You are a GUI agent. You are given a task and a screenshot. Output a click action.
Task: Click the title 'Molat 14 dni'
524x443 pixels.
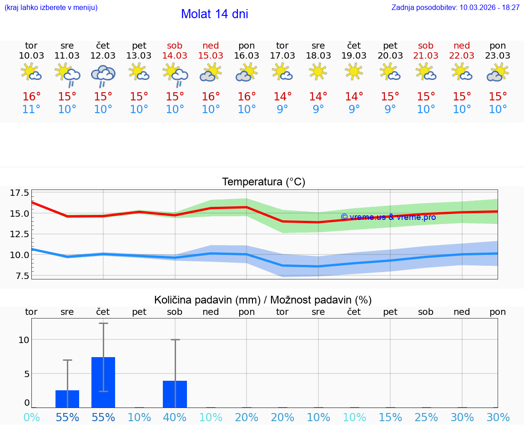pos(214,14)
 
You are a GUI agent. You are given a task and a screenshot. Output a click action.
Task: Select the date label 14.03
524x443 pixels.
pos(175,56)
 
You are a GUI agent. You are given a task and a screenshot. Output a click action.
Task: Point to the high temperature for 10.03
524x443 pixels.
pos(31,97)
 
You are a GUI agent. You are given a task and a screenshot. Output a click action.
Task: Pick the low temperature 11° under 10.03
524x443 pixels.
pos(31,110)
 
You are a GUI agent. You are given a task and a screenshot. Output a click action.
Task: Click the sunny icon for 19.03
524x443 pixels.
pos(354,72)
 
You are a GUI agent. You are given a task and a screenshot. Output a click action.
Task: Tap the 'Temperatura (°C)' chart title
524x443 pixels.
pos(263,182)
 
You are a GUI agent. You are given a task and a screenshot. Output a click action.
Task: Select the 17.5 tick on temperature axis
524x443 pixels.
pos(20,193)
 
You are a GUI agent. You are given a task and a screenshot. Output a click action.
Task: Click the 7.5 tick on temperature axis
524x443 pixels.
pos(20,276)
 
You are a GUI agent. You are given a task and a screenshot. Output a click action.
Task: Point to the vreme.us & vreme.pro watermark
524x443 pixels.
pos(388,217)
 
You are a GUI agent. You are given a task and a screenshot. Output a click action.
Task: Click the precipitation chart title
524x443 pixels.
pos(263,300)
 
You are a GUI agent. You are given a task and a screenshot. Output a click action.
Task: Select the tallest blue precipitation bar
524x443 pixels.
pos(103,382)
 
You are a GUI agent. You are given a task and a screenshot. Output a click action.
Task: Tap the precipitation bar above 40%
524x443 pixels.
pos(175,394)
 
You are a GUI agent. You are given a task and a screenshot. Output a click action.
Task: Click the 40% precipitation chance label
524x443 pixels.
pos(175,418)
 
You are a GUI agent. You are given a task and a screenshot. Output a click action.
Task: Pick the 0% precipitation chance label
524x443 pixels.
pos(31,418)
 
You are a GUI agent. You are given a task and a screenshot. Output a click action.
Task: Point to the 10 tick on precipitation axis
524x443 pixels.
pos(24,340)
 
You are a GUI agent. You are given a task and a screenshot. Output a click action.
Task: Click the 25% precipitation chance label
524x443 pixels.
pos(426,418)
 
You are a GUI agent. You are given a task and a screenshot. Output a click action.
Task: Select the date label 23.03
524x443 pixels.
pos(498,56)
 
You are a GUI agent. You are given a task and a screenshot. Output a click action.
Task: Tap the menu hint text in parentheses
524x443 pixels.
pos(51,8)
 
